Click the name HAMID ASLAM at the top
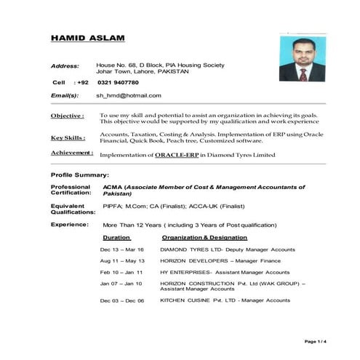pyautogui.click(x=87, y=38)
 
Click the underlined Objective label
pyautogui.click(x=67, y=116)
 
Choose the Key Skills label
pyautogui.click(x=68, y=138)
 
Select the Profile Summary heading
pyautogui.click(x=80, y=175)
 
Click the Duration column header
pyautogui.click(x=116, y=238)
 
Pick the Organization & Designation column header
pyautogui.click(x=204, y=238)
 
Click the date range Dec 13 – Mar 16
pyautogui.click(x=122, y=249)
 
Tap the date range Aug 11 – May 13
pyautogui.click(x=122, y=260)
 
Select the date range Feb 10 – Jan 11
pyautogui.click(x=121, y=271)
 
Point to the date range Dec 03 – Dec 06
pyautogui.click(x=122, y=300)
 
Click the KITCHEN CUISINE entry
pyautogui.click(x=225, y=300)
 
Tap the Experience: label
pyautogui.click(x=70, y=225)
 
